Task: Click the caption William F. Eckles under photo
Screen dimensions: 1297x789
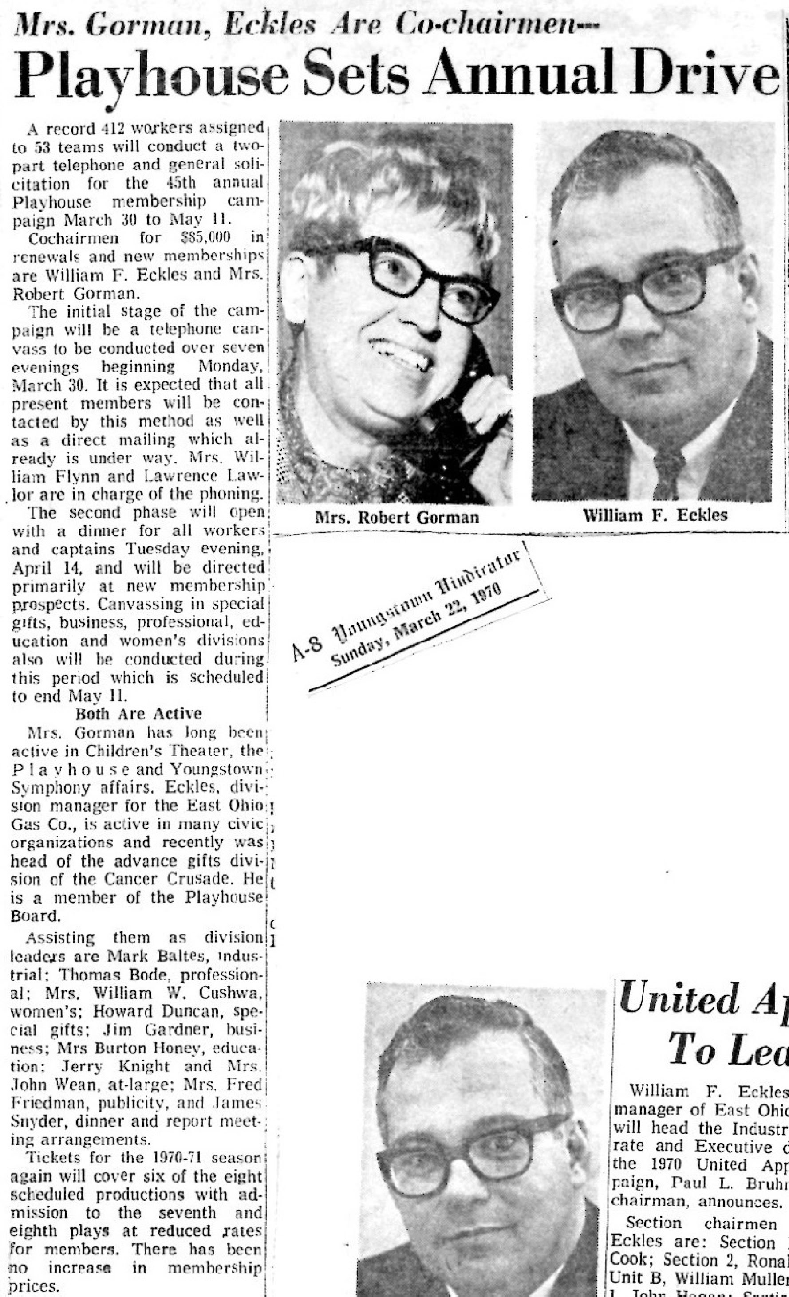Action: pyautogui.click(x=655, y=515)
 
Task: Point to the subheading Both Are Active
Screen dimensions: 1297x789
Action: pyautogui.click(x=138, y=714)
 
